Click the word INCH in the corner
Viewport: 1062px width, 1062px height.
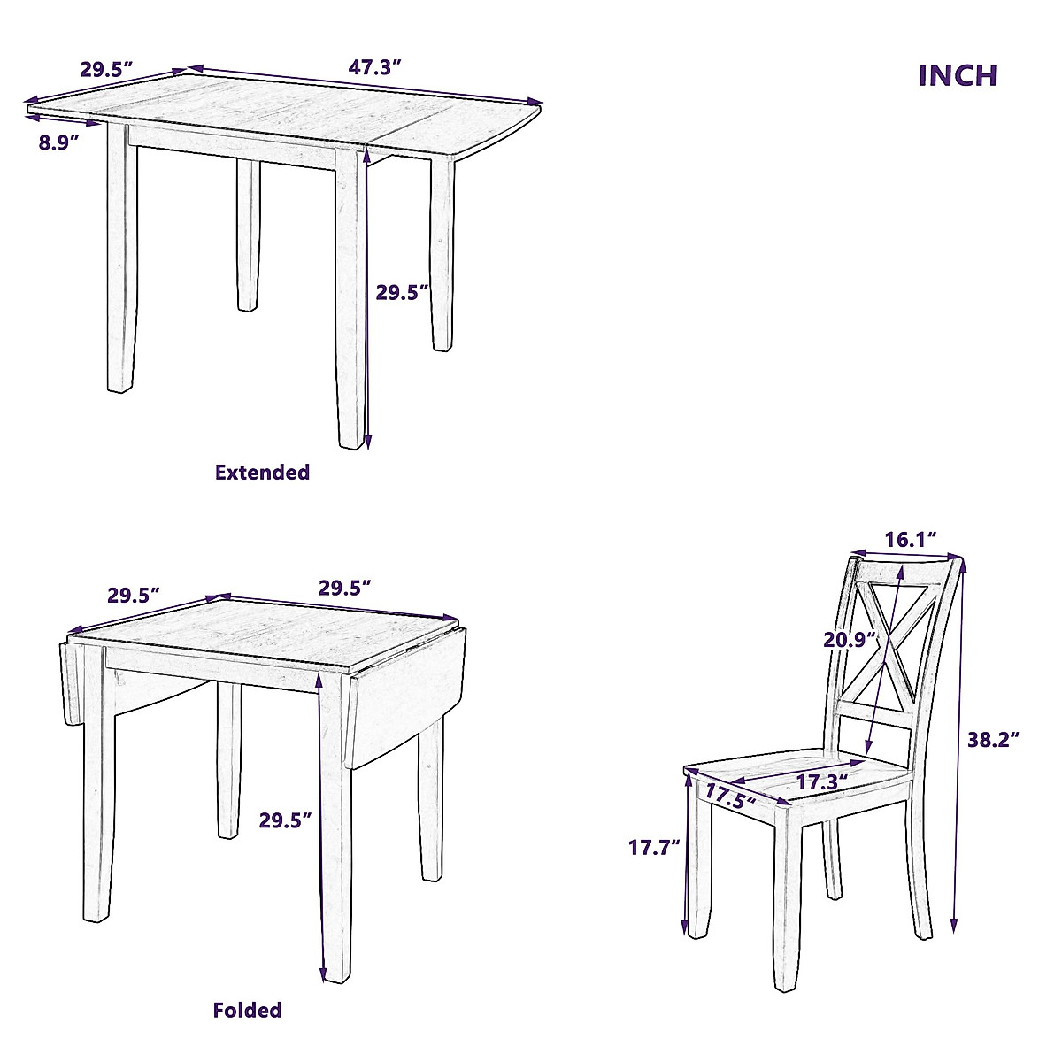pyautogui.click(x=958, y=75)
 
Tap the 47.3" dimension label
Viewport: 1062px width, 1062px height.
pyautogui.click(x=375, y=66)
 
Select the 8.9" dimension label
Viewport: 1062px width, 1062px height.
pyautogui.click(x=59, y=142)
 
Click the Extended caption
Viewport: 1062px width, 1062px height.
pyautogui.click(x=263, y=472)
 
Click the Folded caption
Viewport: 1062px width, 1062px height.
pyautogui.click(x=248, y=1010)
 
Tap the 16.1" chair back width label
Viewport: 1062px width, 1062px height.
pyautogui.click(x=910, y=539)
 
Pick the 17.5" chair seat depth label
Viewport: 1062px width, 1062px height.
pyautogui.click(x=730, y=796)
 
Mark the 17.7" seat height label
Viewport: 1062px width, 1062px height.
pyautogui.click(x=654, y=847)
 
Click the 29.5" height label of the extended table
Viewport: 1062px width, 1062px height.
pyautogui.click(x=403, y=292)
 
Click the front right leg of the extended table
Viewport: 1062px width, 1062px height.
pyautogui.click(x=350, y=301)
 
